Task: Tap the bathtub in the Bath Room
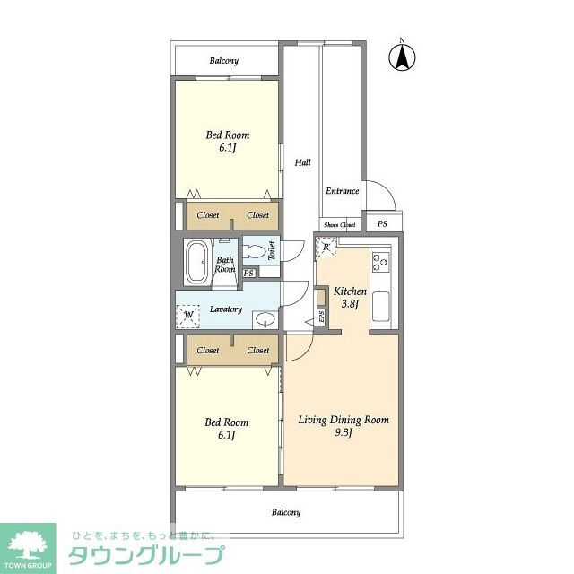[x=198, y=264]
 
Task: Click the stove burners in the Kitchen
[x=380, y=263]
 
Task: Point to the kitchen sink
[x=380, y=305]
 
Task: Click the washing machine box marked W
[x=189, y=315]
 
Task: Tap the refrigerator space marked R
[x=326, y=248]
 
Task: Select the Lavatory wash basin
[x=265, y=319]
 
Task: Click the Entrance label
[x=342, y=191]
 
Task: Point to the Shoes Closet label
[x=339, y=224]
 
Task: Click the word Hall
[x=302, y=162]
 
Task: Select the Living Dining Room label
[x=344, y=419]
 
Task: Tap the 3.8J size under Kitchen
[x=350, y=305]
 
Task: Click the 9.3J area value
[x=344, y=433]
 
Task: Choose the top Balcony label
[x=224, y=61]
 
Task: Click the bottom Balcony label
[x=285, y=512]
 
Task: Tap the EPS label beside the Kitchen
[x=321, y=316]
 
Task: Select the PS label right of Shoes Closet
[x=382, y=224]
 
